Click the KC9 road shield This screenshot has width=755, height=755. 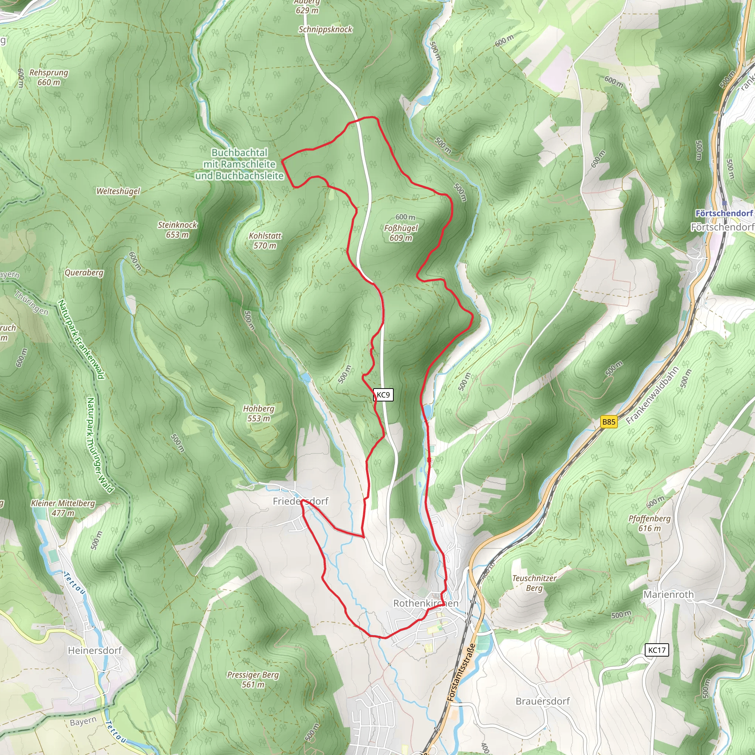[383, 395]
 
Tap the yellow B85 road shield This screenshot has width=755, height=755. [608, 422]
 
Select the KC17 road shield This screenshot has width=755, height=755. [657, 650]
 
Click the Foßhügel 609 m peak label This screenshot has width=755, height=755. [401, 233]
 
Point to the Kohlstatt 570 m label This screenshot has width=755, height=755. [265, 240]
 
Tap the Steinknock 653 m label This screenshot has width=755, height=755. [177, 229]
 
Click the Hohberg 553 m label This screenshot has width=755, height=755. [259, 413]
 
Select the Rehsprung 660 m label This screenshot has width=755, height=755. [49, 77]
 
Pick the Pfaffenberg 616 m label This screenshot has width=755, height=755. [650, 523]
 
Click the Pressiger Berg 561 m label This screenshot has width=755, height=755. [253, 679]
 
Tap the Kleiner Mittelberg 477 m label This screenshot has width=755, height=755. [63, 508]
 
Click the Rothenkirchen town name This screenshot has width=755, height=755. [425, 603]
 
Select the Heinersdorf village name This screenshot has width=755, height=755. [95, 650]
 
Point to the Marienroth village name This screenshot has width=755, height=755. [668, 594]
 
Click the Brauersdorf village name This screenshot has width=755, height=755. [542, 701]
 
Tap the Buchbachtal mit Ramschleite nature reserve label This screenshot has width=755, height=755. [240, 164]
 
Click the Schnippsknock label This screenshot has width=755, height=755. [326, 29]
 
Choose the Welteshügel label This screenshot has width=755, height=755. [118, 191]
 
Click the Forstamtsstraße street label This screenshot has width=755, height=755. [461, 672]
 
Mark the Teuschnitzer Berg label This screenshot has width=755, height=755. [534, 583]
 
